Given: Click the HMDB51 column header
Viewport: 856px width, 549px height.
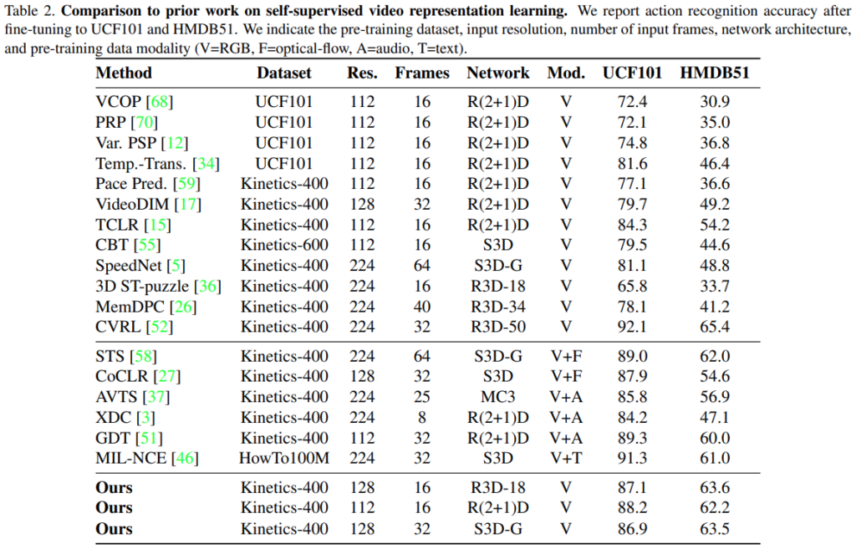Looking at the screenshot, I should (x=715, y=73).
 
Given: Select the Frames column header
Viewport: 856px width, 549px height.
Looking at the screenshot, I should (x=422, y=73).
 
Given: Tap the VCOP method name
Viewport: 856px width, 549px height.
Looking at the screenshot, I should (x=119, y=102).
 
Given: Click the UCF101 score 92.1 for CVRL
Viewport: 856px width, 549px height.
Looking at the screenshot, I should (x=632, y=327).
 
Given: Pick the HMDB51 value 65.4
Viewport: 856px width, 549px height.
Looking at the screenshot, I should (x=715, y=327).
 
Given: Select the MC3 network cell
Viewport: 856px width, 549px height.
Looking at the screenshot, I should (x=497, y=397).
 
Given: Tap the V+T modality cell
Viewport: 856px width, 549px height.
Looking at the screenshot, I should (x=566, y=457).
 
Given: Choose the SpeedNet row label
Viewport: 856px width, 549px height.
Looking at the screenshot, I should (x=128, y=266).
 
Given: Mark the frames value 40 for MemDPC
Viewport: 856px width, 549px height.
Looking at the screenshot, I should (x=422, y=307).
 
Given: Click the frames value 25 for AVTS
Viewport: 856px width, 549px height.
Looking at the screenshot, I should (x=422, y=397).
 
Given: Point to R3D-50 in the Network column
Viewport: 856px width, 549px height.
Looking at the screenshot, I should (x=497, y=327).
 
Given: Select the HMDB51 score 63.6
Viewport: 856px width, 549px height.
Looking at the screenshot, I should (x=715, y=487).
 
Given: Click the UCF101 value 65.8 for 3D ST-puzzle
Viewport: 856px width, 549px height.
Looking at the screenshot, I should (x=632, y=286).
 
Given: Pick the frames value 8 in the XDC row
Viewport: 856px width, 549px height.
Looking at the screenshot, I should (x=422, y=417).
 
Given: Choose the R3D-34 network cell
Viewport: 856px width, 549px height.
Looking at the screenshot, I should (x=497, y=307).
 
